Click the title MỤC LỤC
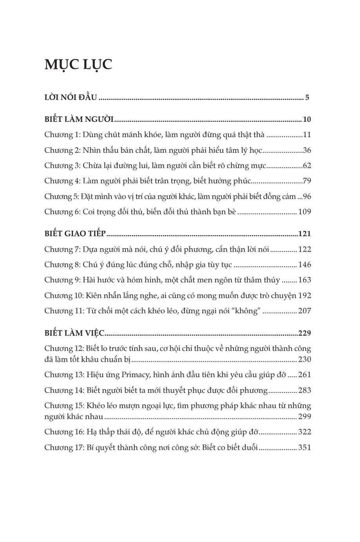[x=78, y=64]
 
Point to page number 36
[x=307, y=150]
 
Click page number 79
[x=307, y=181]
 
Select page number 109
[x=305, y=212]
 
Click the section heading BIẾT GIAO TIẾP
[x=75, y=234]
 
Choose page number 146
[x=305, y=265]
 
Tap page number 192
[x=305, y=296]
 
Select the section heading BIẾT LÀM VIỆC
[x=74, y=333]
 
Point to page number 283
[x=305, y=390]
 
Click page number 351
[x=305, y=447]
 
